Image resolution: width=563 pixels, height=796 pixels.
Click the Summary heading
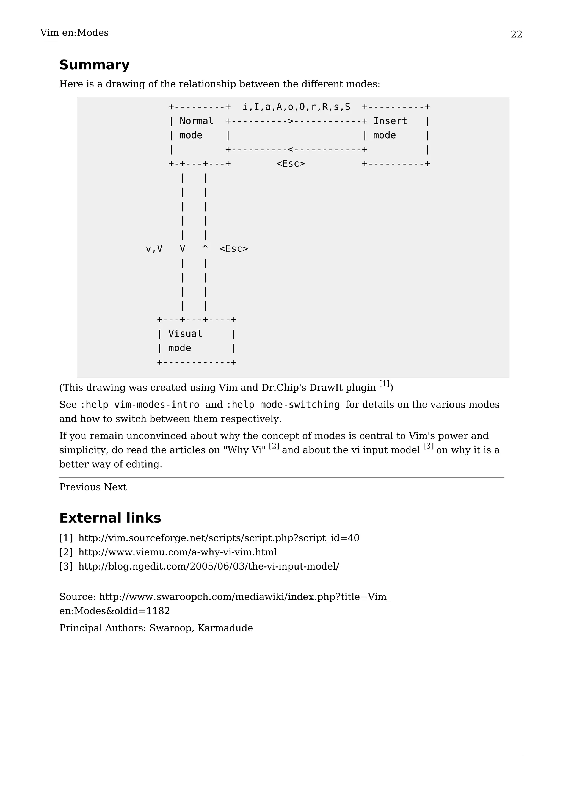[94, 65]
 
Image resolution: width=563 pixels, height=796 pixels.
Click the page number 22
[516, 34]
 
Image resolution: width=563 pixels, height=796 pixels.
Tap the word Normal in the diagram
[196, 121]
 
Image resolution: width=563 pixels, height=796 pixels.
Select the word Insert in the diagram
[390, 121]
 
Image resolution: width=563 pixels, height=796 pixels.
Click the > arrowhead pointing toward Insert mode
[291, 121]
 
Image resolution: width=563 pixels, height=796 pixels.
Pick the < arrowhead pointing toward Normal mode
[291, 150]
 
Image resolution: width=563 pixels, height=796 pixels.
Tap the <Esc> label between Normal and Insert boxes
[291, 164]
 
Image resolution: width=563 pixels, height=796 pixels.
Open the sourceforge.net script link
[219, 538]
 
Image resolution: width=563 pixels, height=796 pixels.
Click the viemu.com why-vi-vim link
[178, 552]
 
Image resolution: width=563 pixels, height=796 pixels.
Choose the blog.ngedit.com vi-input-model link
[208, 566]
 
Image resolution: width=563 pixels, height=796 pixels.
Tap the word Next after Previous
[115, 487]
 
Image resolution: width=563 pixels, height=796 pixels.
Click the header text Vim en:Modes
[74, 33]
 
